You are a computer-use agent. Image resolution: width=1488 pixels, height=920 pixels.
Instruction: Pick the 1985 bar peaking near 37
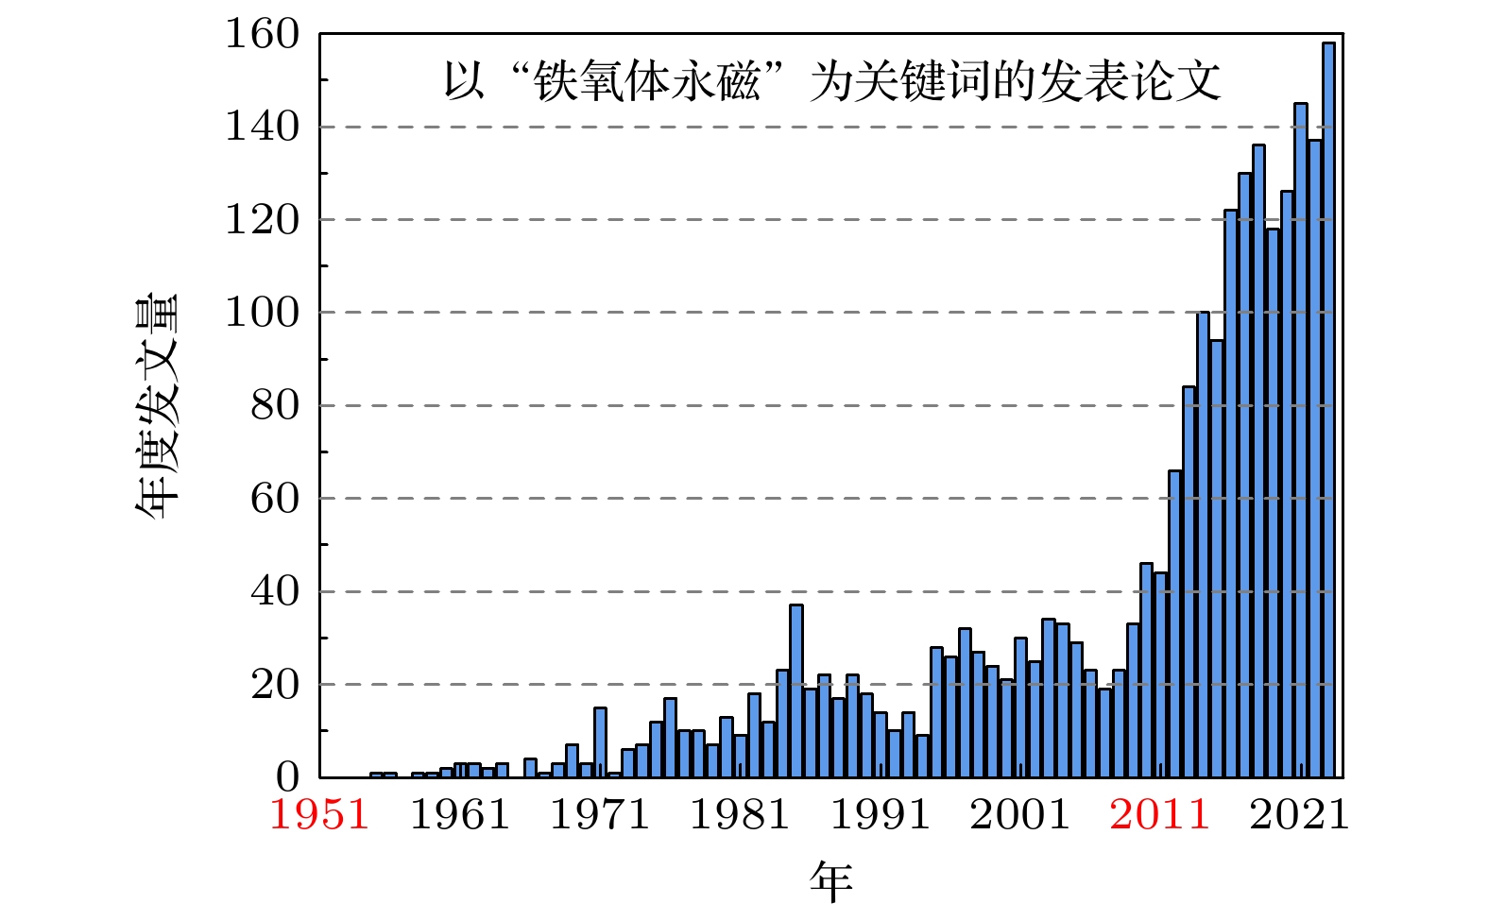point(796,690)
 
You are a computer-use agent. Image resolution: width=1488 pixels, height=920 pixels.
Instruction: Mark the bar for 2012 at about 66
point(1174,623)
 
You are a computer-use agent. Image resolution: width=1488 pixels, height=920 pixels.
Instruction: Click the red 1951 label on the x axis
point(319,814)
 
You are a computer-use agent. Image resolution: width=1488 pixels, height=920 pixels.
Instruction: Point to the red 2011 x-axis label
point(1159,814)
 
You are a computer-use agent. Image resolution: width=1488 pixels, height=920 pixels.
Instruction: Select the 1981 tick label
point(740,814)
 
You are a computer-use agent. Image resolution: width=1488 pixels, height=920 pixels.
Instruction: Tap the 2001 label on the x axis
point(1019,814)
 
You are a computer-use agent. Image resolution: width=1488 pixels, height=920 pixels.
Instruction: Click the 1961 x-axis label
point(460,814)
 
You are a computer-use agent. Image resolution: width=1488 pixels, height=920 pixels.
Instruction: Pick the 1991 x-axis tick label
point(880,814)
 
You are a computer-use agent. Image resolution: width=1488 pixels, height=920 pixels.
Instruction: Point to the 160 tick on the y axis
point(262,35)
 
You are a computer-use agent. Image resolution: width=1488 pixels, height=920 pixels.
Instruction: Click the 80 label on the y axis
point(274,406)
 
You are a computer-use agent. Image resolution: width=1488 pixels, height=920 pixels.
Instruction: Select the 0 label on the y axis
point(287,777)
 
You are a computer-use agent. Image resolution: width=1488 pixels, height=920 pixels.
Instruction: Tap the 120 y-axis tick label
point(262,220)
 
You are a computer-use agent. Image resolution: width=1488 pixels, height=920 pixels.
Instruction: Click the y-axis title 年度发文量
point(157,406)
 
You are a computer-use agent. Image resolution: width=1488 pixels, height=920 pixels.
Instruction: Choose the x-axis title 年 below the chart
point(831,880)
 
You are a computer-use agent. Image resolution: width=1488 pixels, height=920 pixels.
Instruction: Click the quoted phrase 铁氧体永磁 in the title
point(647,81)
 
